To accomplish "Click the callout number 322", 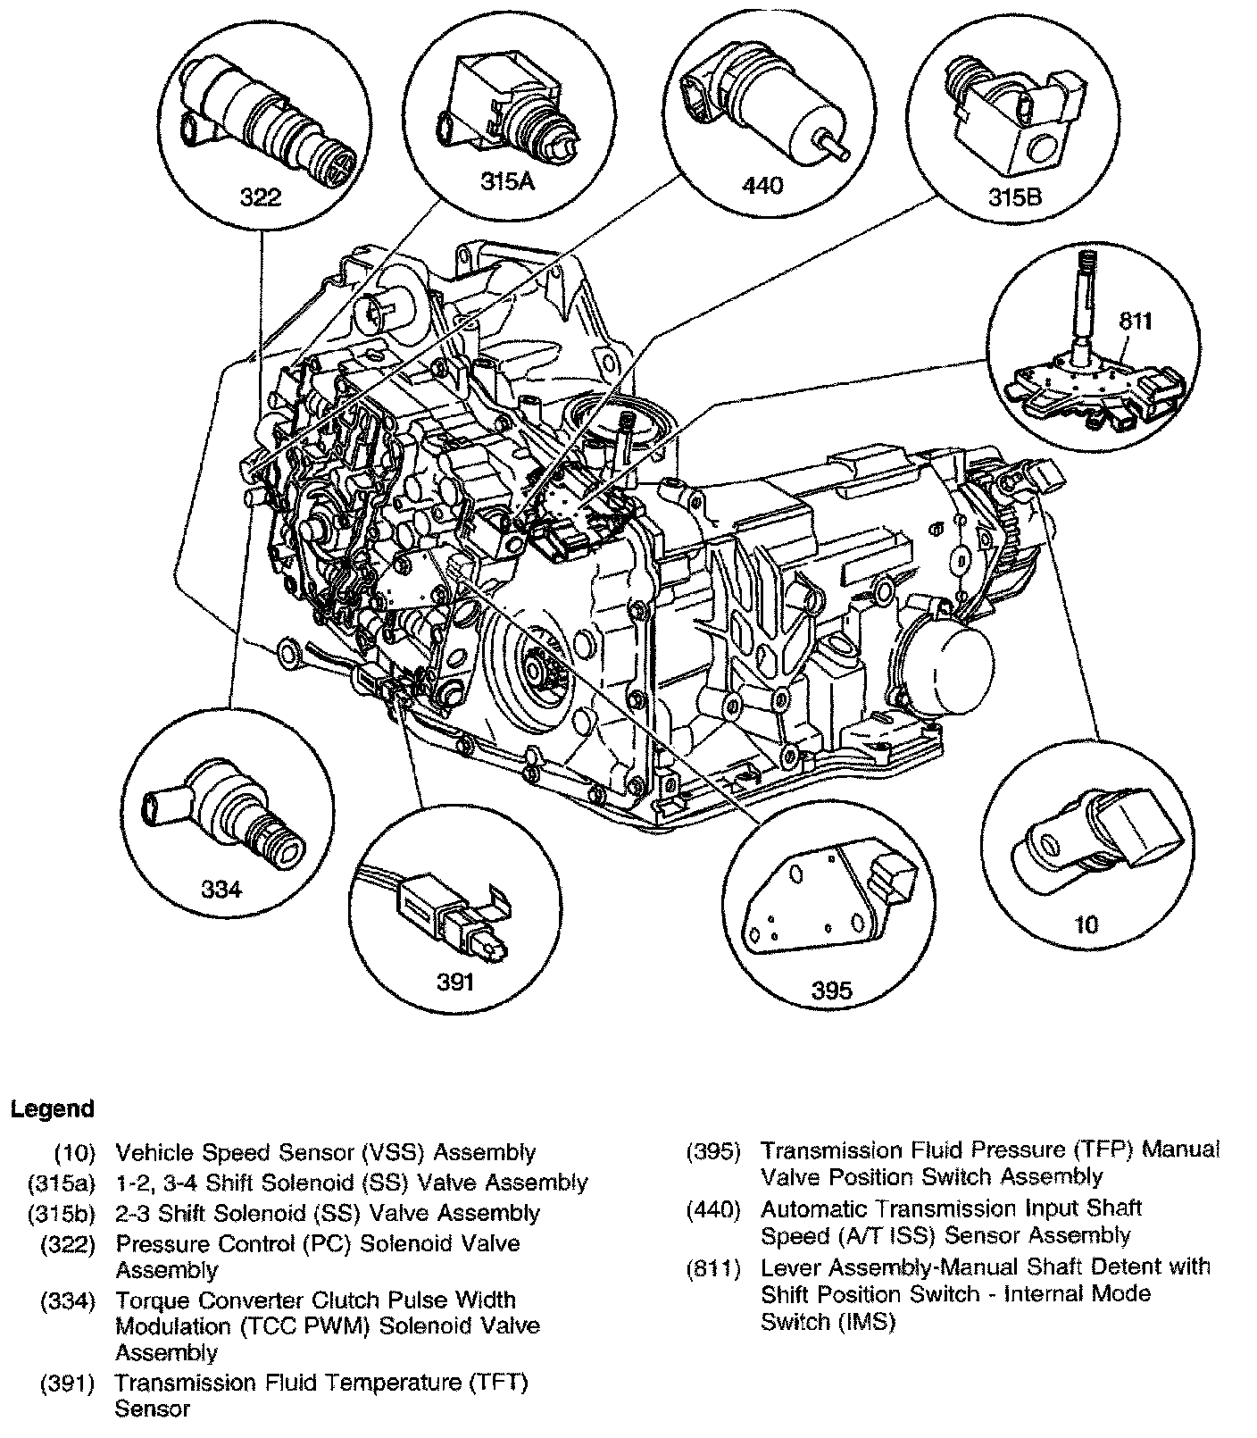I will point(262,196).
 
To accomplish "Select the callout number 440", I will point(762,185).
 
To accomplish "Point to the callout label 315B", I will point(1014,196).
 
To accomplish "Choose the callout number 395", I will point(830,989).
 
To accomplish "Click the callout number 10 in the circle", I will point(1086,924).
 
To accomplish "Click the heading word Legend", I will point(52,1109).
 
